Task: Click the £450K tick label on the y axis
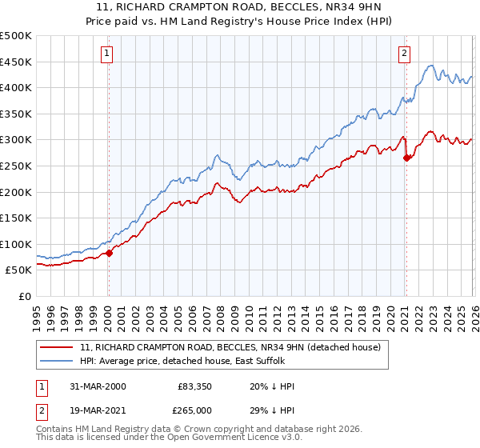point(16,62)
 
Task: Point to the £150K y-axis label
point(16,218)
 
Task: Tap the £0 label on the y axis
point(26,296)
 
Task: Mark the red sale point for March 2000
point(110,253)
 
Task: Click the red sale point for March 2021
point(406,158)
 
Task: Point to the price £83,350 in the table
point(195,386)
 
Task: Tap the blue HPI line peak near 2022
point(430,66)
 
